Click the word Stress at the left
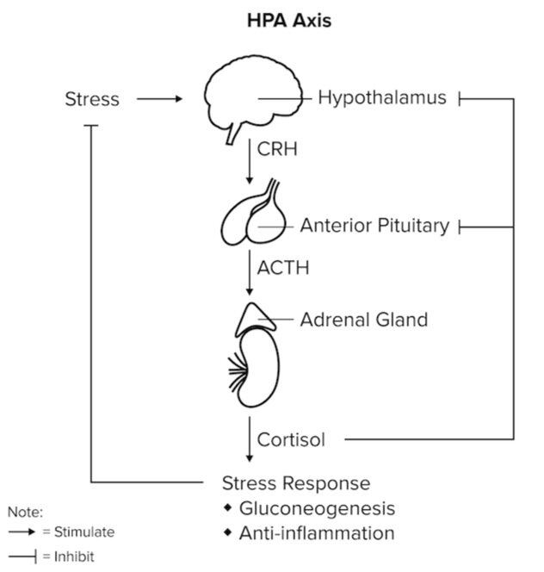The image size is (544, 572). (x=92, y=99)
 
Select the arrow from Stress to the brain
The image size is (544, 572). (x=160, y=99)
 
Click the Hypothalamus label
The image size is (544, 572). (x=382, y=97)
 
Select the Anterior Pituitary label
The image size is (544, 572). (x=374, y=226)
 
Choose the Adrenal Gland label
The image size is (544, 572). (x=363, y=320)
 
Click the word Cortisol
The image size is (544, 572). (x=292, y=440)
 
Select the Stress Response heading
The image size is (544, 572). (x=296, y=482)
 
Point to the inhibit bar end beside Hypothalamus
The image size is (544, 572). (x=461, y=99)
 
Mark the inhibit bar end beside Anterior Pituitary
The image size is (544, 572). (x=461, y=227)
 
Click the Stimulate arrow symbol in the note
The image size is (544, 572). (x=23, y=532)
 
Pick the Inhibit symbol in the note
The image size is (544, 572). (x=23, y=556)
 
